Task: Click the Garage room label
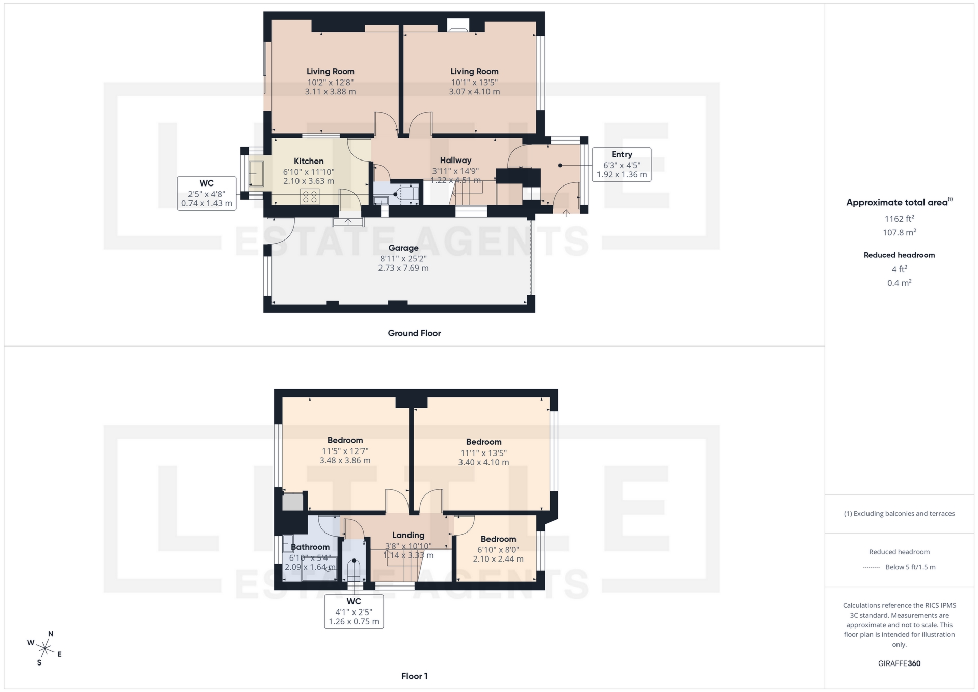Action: (x=403, y=248)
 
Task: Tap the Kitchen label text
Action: (x=309, y=161)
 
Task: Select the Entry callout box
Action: (x=621, y=164)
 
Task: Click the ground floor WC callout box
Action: (x=206, y=193)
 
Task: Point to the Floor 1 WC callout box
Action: (x=354, y=611)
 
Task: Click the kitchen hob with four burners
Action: (x=310, y=196)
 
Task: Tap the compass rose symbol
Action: (x=45, y=648)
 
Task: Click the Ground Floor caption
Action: (x=414, y=333)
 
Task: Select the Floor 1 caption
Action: (x=414, y=676)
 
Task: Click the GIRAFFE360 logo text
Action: (x=899, y=663)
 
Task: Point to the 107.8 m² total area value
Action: (x=899, y=232)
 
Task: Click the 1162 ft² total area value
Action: (x=899, y=219)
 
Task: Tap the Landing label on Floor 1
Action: (x=408, y=535)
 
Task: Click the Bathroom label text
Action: (x=310, y=547)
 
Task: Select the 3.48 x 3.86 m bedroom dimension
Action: (x=345, y=460)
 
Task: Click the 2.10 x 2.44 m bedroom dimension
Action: (x=498, y=559)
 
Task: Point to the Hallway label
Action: (x=455, y=161)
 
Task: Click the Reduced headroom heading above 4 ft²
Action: (x=899, y=255)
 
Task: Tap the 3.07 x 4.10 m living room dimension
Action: (x=474, y=92)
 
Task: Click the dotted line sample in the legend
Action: (x=872, y=567)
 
